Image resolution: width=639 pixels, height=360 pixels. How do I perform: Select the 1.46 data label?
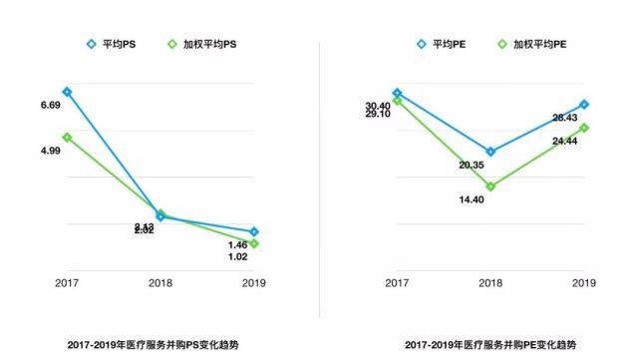237,244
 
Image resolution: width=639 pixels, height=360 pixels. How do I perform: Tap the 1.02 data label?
237,257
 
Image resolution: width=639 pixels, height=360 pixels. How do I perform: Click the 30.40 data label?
377,106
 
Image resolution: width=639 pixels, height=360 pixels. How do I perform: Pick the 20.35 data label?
472,165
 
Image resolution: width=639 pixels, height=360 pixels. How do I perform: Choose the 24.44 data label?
564,142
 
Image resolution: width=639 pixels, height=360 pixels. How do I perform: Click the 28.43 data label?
564,118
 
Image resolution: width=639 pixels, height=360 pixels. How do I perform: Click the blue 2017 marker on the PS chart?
67,92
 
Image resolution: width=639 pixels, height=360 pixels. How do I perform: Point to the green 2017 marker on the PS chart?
67,137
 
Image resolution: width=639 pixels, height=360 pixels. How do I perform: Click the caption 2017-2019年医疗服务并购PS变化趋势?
160,345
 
